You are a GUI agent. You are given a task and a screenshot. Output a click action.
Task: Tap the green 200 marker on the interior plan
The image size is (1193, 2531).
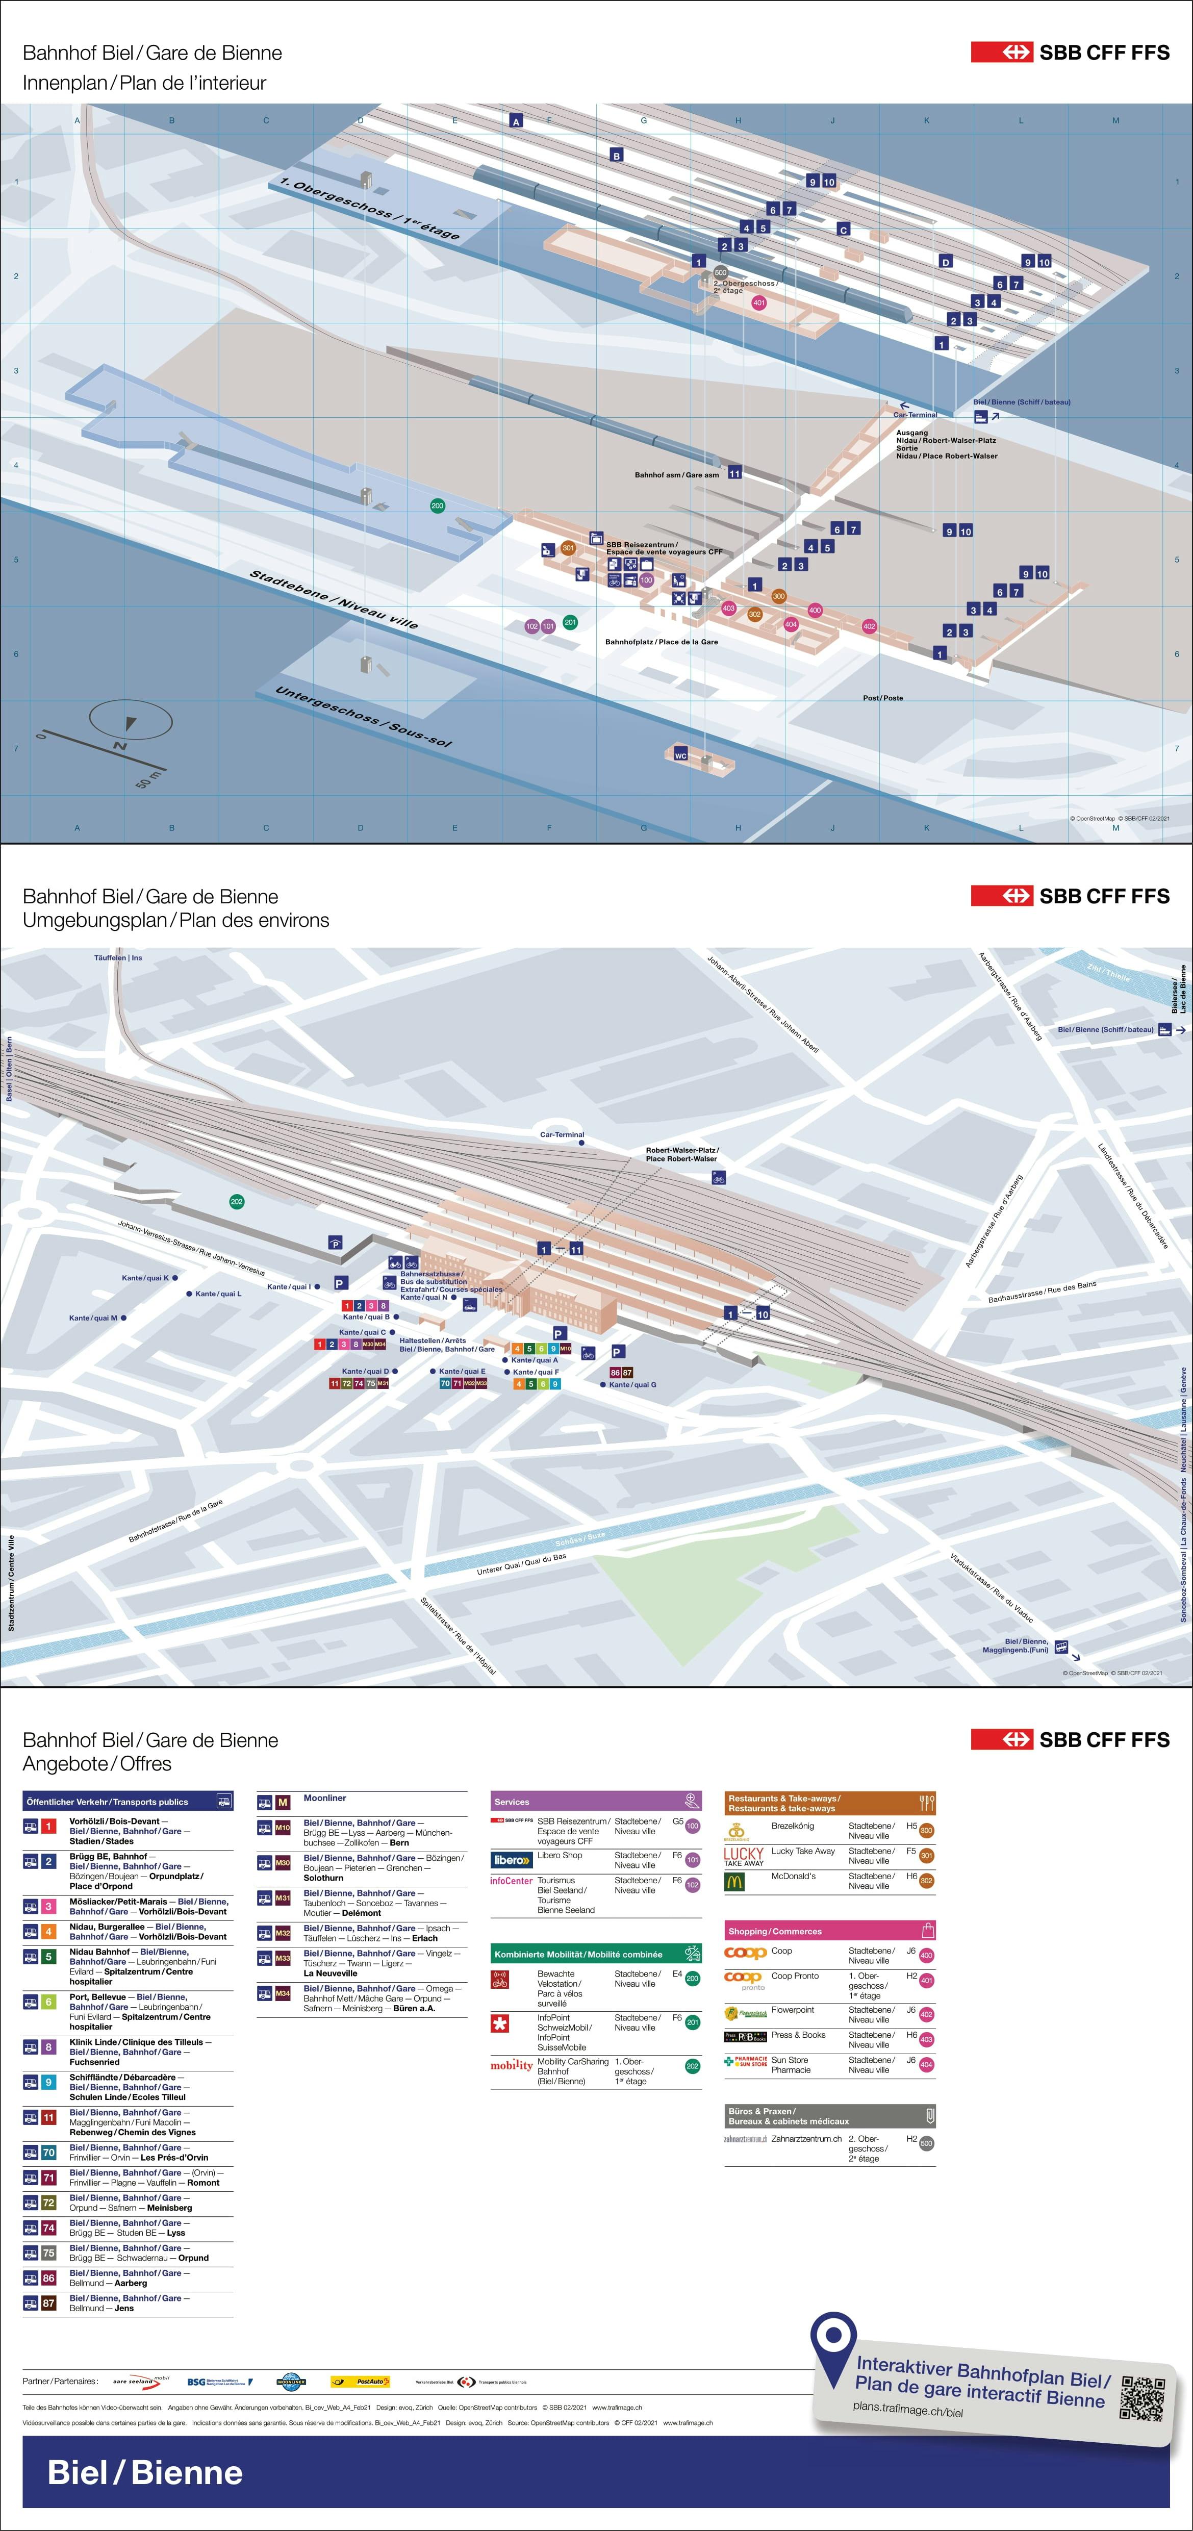pos(437,506)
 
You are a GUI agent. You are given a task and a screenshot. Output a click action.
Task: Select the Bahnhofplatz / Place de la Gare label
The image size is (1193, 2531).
pos(662,642)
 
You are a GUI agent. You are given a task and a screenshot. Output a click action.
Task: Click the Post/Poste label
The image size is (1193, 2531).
pos(882,698)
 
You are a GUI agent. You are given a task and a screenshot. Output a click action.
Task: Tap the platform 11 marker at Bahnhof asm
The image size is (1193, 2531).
pos(734,473)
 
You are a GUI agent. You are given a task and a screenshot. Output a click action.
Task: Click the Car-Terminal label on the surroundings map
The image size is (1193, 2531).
pos(562,1135)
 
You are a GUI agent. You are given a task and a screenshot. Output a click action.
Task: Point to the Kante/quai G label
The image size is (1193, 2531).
pos(632,1384)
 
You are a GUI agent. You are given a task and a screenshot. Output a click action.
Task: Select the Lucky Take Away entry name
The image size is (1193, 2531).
pos(803,1851)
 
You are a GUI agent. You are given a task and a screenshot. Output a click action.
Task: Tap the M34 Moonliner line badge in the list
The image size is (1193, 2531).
pos(282,1992)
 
